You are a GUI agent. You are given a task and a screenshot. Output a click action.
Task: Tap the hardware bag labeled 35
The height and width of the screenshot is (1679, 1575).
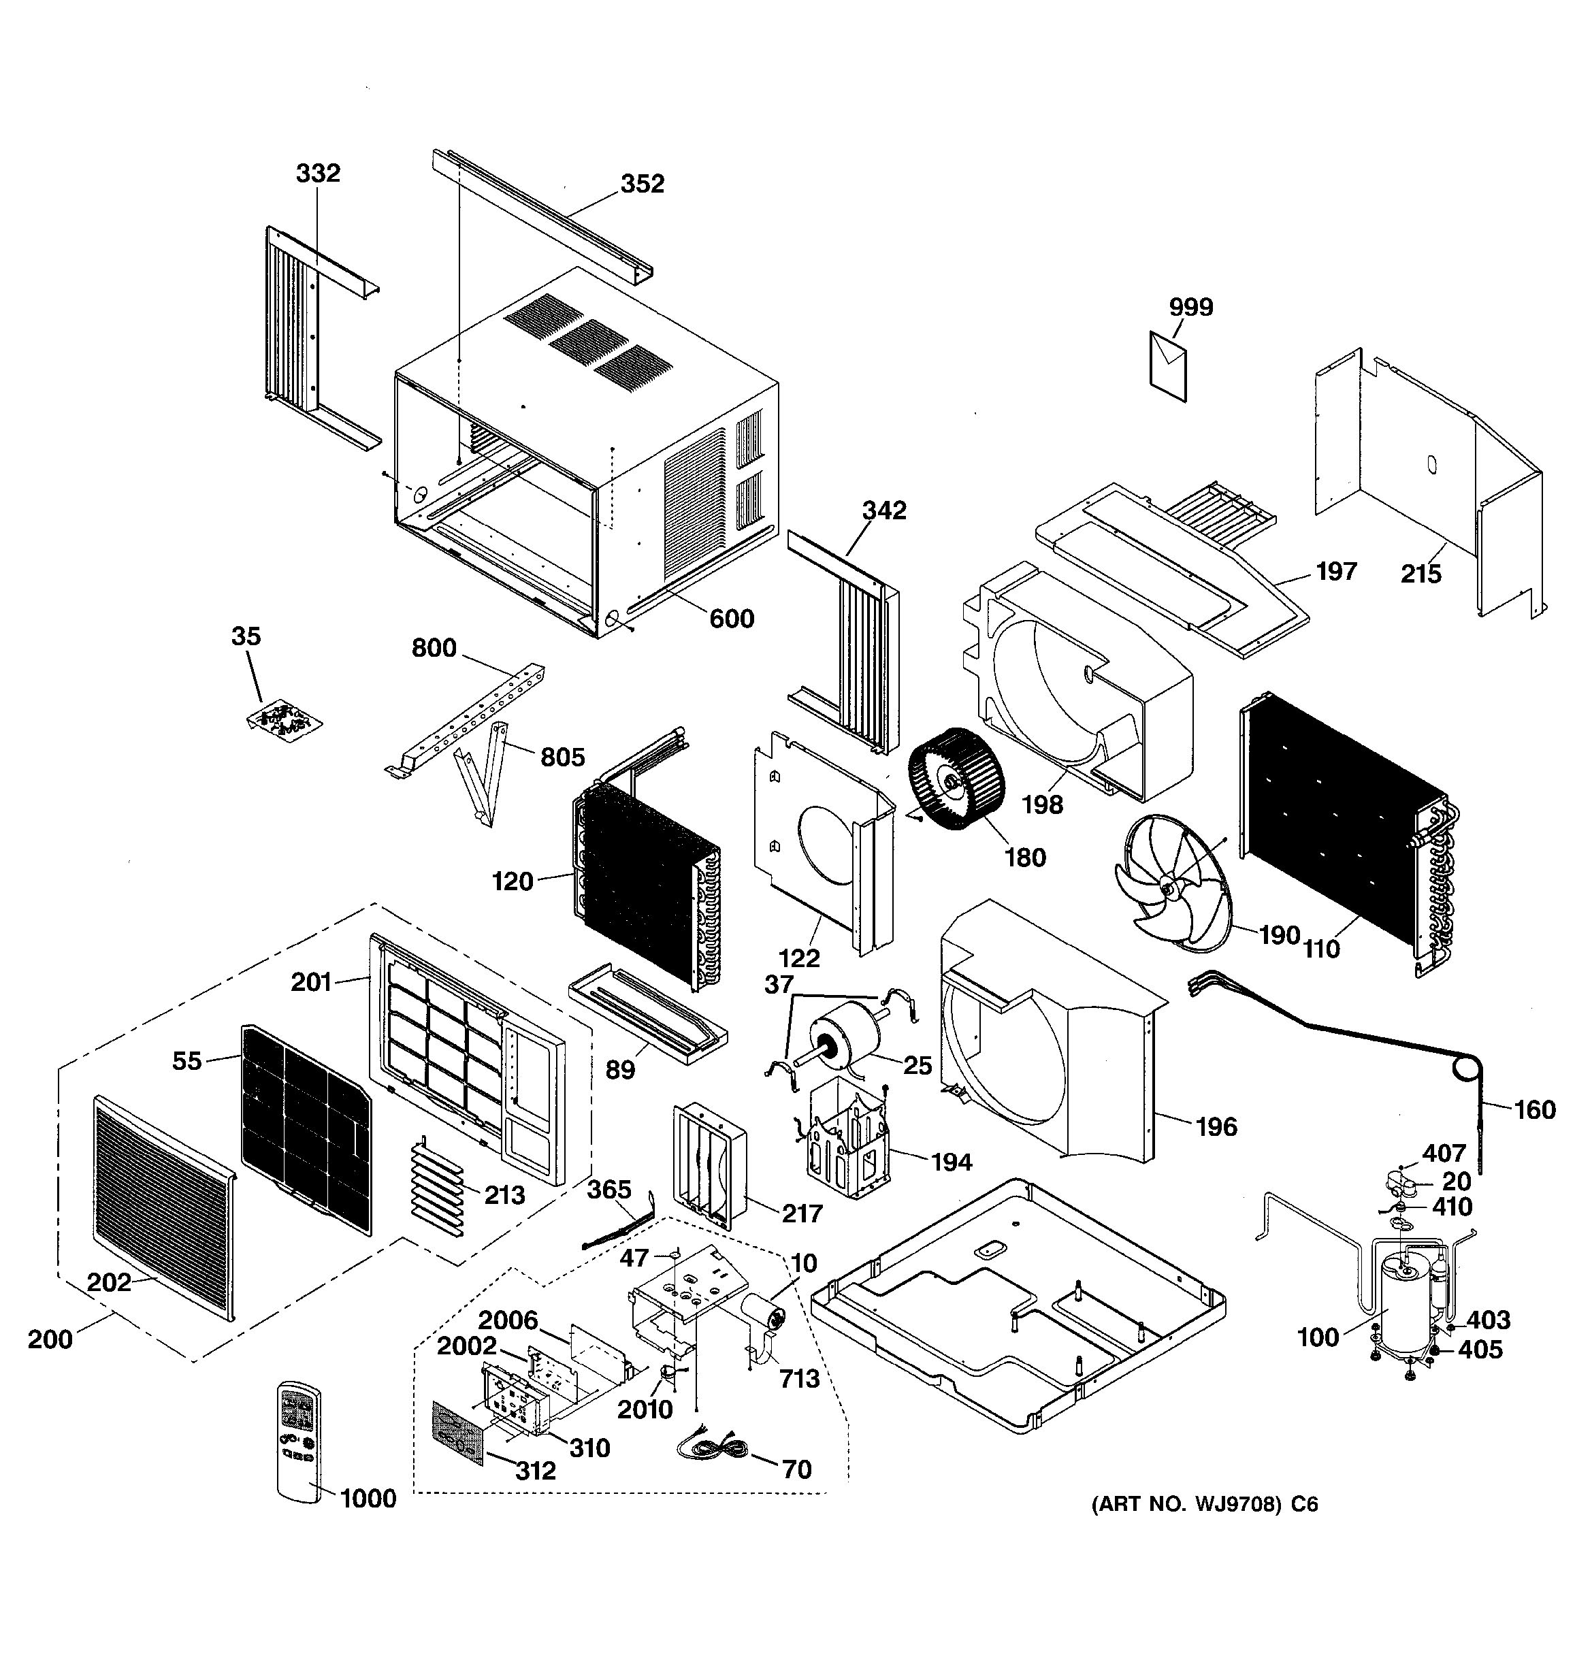coord(285,721)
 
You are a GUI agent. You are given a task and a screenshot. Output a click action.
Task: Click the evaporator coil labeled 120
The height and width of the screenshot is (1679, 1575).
coord(642,879)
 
